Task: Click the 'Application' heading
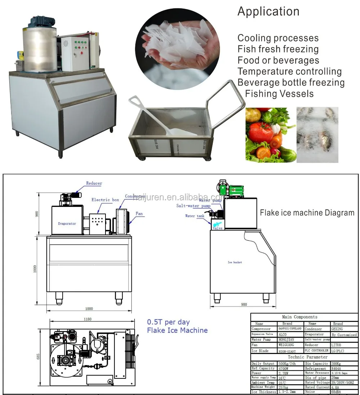[268, 12]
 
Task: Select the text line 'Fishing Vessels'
[279, 94]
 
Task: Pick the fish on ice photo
[317, 135]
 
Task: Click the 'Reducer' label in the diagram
[94, 183]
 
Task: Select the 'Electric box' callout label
[105, 200]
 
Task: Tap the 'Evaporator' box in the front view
[67, 223]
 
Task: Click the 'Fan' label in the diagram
[139, 214]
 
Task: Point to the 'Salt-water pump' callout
[193, 206]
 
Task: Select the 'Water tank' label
[194, 216]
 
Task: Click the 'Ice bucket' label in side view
[235, 262]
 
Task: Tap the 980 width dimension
[244, 304]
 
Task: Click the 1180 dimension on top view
[87, 319]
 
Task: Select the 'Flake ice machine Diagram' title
[307, 213]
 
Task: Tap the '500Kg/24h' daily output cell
[286, 364]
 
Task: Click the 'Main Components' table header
[304, 317]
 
